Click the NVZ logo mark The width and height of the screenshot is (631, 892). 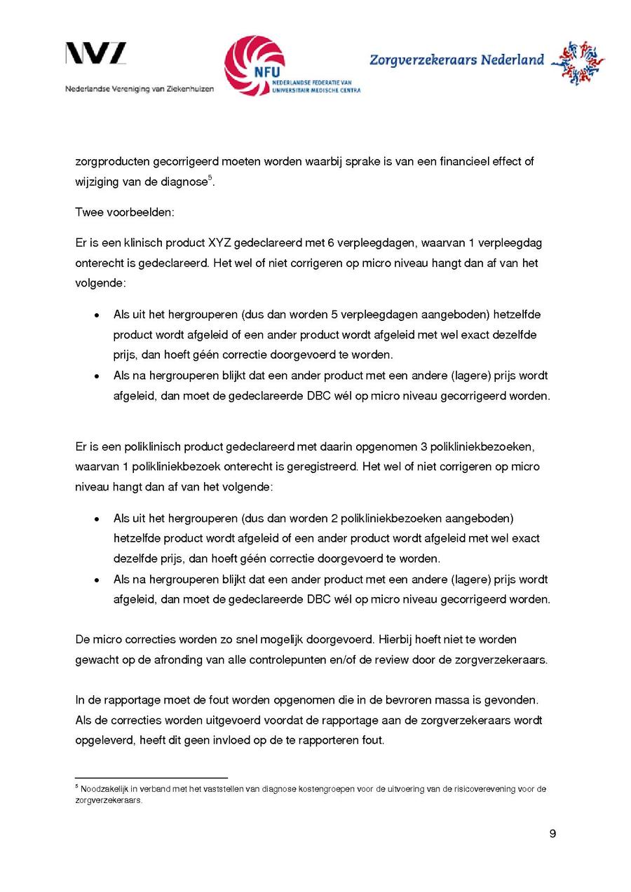click(x=96, y=54)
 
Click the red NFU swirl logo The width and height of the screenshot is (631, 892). click(x=255, y=65)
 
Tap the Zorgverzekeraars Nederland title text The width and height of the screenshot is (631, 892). click(x=456, y=60)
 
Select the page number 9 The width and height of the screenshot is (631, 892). click(x=552, y=834)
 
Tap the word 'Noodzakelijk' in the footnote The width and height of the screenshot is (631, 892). click(x=102, y=789)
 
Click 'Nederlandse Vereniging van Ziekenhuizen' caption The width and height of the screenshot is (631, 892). click(x=140, y=89)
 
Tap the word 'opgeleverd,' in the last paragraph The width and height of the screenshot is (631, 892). click(x=104, y=740)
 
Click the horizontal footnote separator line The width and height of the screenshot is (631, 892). click(x=151, y=777)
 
